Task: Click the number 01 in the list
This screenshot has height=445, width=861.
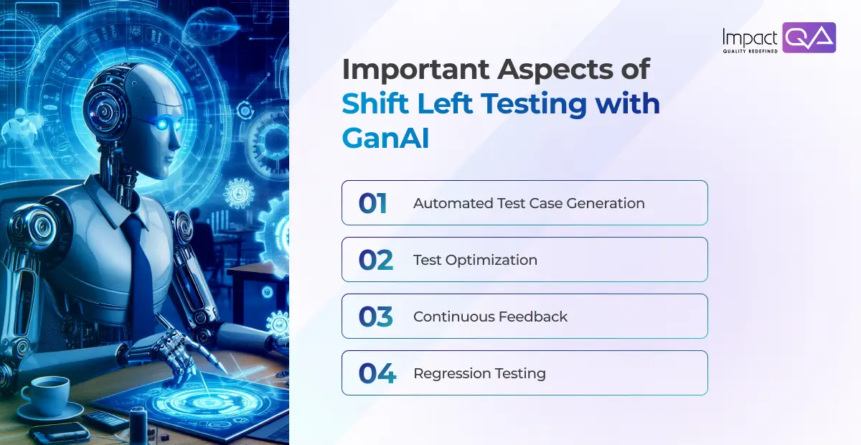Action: coord(372,203)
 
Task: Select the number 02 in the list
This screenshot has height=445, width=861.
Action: coord(375,260)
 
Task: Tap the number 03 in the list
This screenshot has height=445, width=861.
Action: coord(375,317)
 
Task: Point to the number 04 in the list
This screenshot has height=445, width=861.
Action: coord(377,373)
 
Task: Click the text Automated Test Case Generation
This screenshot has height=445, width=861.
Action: coord(529,203)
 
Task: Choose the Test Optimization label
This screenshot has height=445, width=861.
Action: coord(475,260)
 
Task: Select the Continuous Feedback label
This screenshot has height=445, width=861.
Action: coord(490,317)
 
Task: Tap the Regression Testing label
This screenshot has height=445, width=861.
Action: coord(479,373)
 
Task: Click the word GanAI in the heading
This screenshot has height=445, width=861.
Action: coord(385,138)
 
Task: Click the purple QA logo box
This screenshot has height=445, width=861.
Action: coord(809,37)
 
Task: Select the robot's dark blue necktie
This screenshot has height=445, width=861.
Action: coord(140,266)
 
